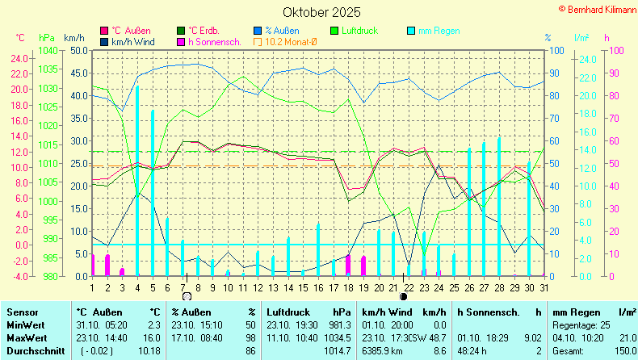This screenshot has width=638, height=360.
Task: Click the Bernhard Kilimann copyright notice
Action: click(x=596, y=7)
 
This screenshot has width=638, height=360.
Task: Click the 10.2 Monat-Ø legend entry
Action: click(x=288, y=41)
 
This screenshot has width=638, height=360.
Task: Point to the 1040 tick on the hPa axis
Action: click(x=47, y=50)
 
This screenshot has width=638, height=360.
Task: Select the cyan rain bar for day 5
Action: click(x=153, y=194)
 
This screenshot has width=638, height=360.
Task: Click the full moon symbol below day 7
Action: click(x=187, y=296)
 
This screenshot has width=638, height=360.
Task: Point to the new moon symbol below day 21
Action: click(x=404, y=296)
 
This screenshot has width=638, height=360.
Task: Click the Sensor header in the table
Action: click(x=22, y=312)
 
